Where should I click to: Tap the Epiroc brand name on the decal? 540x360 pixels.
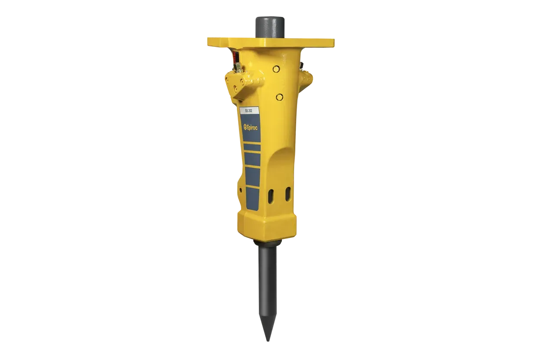click(252, 128)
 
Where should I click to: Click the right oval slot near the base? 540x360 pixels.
click(288, 194)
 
